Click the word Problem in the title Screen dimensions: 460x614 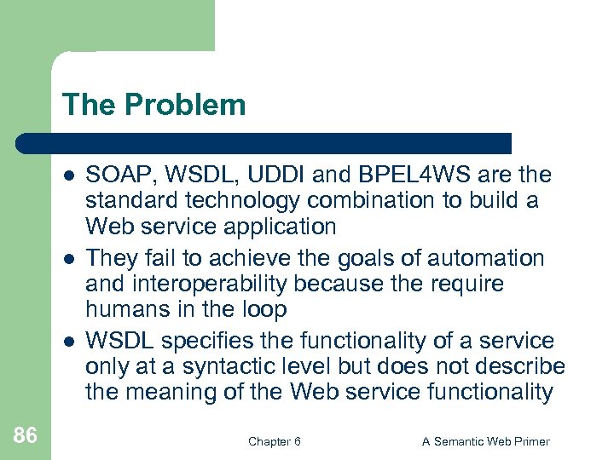(184, 105)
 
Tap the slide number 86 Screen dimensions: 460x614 (26, 435)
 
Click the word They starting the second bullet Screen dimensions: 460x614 (107, 257)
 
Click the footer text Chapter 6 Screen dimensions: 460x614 (274, 441)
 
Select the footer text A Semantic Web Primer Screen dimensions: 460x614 (486, 441)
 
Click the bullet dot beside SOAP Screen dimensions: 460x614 (67, 175)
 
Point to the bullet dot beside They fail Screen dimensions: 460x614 (67, 257)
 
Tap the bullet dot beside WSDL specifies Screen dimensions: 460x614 (67, 341)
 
